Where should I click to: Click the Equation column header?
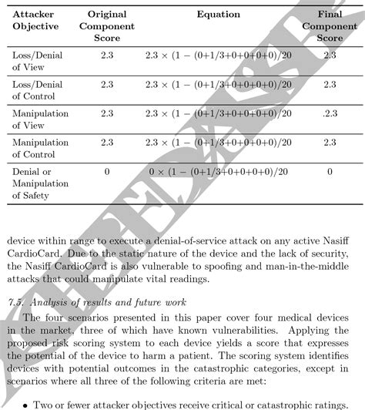218,15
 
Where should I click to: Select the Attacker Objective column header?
35,20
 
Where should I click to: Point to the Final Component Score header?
330,26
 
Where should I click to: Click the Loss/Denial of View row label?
36,62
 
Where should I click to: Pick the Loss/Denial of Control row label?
36,90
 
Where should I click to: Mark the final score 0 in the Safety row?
330,172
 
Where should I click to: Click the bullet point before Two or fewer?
28,402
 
